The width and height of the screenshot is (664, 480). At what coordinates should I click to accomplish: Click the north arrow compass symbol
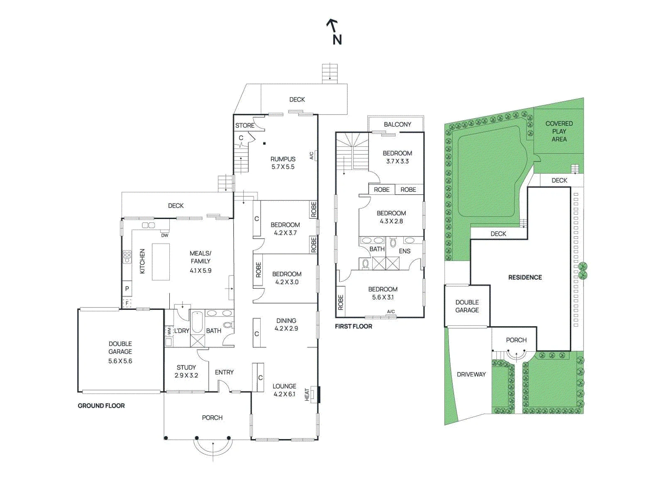(334, 32)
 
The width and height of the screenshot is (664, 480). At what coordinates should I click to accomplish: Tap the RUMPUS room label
(283, 159)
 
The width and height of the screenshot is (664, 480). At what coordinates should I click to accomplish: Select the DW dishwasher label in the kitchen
(165, 235)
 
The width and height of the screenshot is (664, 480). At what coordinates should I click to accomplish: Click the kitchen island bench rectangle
(161, 262)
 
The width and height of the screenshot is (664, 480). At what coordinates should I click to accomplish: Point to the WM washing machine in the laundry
(168, 330)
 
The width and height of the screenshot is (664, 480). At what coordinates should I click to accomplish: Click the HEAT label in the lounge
(307, 395)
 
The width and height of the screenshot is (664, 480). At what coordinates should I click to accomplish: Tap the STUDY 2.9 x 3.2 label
(186, 372)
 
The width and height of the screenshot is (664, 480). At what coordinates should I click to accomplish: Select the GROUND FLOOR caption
(101, 406)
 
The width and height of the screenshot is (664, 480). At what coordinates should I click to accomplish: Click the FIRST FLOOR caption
(353, 326)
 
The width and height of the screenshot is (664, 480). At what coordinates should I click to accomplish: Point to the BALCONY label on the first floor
(397, 124)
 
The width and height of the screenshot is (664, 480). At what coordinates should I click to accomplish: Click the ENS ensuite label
(405, 251)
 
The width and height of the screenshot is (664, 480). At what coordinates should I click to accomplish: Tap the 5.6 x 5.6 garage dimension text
(120, 361)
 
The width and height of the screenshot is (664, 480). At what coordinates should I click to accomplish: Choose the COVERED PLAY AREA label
(559, 131)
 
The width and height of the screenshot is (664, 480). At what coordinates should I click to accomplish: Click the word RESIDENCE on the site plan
(525, 277)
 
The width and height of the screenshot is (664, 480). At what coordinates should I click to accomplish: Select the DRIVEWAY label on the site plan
(471, 374)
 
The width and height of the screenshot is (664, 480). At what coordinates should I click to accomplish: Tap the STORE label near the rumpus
(244, 125)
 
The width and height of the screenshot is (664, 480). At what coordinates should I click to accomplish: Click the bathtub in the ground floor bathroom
(197, 322)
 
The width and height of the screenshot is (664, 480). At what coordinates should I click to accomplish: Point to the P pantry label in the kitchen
(127, 289)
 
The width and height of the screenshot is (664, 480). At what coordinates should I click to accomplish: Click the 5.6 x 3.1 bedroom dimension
(383, 297)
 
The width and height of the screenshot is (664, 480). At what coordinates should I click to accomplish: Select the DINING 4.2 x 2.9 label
(286, 324)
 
